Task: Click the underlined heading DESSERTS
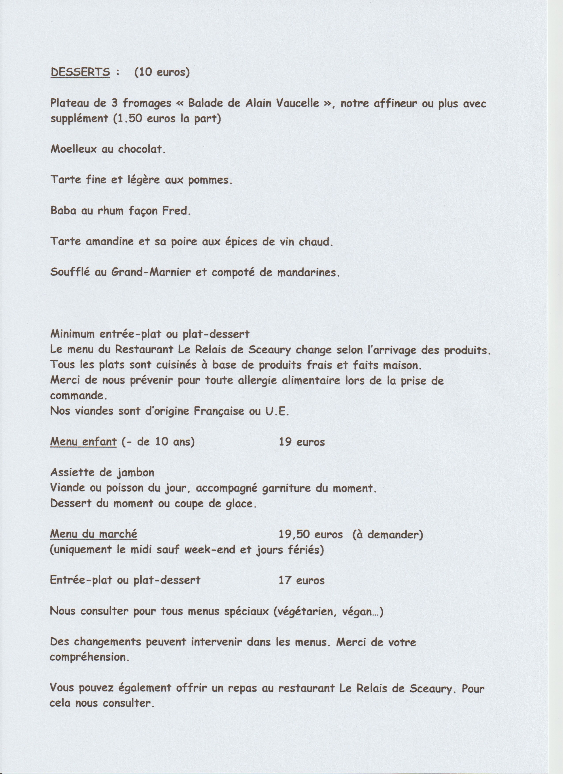click(x=80, y=72)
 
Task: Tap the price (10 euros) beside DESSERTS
click(x=162, y=72)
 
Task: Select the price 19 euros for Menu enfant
click(x=302, y=442)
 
